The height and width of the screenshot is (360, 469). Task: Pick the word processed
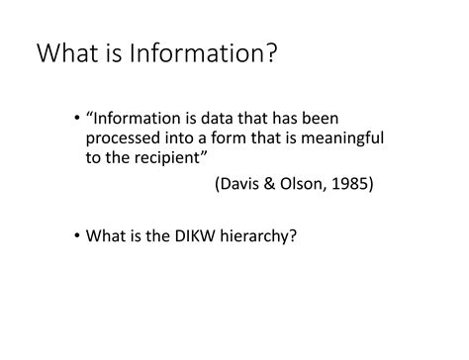coord(124,138)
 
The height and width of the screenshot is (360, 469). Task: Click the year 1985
coord(351,185)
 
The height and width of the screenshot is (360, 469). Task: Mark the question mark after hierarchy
coord(294,236)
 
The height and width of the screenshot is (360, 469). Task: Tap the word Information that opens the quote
coord(135,120)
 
